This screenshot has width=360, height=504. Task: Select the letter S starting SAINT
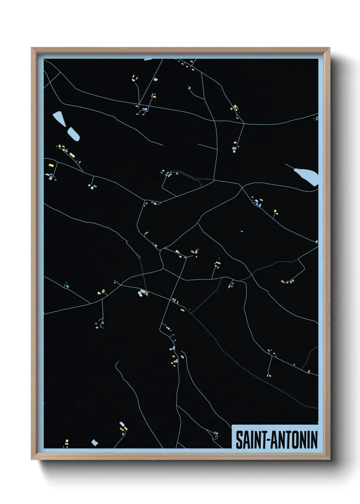[239, 440]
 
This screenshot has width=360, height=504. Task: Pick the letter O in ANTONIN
[297, 440]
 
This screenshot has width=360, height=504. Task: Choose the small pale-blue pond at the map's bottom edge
[95, 443]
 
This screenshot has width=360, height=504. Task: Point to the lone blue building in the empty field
[242, 232]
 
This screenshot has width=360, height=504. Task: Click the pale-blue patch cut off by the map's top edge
[149, 59]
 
